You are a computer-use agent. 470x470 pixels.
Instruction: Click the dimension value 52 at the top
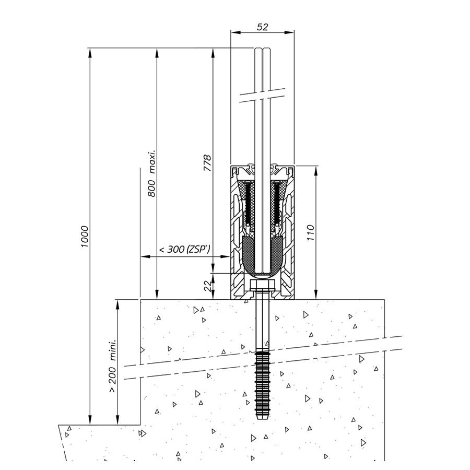(262, 27)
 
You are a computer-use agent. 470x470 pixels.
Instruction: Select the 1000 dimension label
(85, 237)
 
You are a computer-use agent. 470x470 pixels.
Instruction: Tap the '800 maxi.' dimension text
(152, 173)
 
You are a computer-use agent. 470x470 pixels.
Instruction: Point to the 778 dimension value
(207, 163)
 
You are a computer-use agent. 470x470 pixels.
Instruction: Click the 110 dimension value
(311, 232)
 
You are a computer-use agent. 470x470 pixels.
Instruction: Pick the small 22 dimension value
(207, 286)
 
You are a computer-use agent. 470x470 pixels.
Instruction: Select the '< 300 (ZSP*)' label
(184, 249)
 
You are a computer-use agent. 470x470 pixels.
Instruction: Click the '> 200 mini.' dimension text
(112, 366)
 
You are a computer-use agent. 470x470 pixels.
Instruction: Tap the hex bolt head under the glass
(262, 284)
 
